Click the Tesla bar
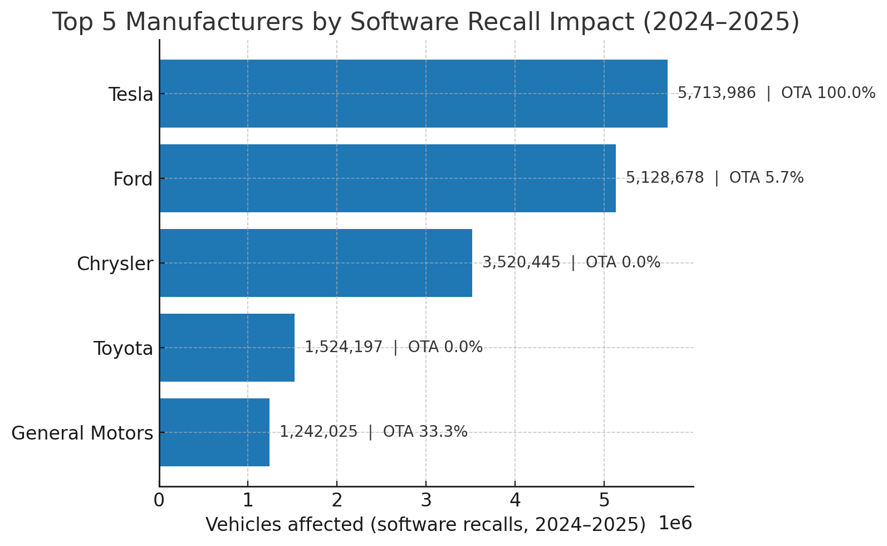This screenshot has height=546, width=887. click(x=413, y=94)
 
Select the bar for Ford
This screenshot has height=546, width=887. click(x=388, y=178)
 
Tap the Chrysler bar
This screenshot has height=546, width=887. click(x=316, y=263)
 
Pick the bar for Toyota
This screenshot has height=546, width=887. click(x=227, y=348)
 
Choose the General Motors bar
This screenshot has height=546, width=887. click(x=214, y=432)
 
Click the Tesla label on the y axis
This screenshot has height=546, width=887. click(x=130, y=95)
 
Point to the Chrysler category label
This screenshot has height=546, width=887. click(x=115, y=264)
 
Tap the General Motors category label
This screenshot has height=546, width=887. click(x=82, y=433)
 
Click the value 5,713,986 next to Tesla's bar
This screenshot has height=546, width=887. click(x=717, y=93)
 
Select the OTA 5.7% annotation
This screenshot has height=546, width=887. click(x=766, y=178)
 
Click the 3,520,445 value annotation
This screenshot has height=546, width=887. click(x=521, y=262)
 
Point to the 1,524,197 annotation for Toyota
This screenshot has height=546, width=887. click(x=344, y=347)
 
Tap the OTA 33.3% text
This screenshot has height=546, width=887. click(x=425, y=432)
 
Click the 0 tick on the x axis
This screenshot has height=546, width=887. click(x=159, y=500)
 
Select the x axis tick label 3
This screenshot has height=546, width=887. click(x=426, y=500)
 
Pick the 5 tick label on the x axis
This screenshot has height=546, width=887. click(x=604, y=500)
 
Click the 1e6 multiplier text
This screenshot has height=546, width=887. click(x=675, y=524)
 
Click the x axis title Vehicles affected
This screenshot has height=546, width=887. click(x=425, y=525)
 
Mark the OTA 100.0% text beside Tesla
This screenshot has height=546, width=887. click(x=828, y=93)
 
